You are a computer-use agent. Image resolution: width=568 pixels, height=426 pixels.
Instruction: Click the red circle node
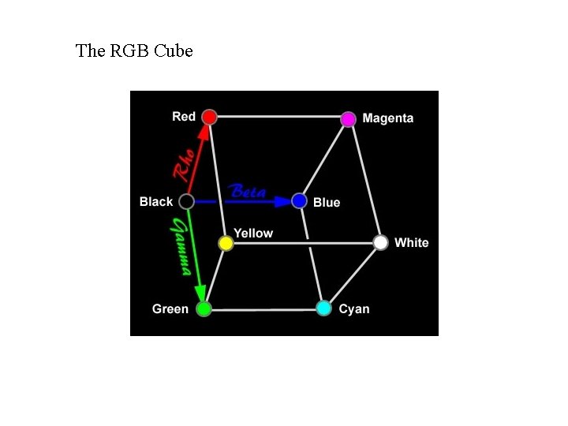pos(209,117)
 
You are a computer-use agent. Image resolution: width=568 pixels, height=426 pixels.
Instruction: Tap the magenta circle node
pos(348,119)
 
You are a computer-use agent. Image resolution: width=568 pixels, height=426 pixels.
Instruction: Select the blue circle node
pos(299,201)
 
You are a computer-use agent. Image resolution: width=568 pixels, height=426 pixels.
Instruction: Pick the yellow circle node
pos(226,243)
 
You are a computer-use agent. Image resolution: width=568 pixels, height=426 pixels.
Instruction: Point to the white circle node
pos(381,242)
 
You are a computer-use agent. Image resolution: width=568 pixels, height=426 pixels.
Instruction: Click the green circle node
pos(204,308)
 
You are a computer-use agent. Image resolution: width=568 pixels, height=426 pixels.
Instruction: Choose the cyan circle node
pos(323,308)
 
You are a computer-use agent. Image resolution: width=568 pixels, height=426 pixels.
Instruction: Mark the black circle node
pos(186,201)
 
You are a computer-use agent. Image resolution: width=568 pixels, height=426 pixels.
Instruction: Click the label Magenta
pos(387,118)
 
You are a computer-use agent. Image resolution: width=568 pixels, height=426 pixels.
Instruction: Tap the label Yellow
pos(253,233)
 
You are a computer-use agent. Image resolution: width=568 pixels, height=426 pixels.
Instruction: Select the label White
pos(411,242)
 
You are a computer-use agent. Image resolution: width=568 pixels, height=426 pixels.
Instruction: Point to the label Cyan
pos(354,308)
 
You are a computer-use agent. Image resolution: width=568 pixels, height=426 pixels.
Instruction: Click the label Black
pos(156,201)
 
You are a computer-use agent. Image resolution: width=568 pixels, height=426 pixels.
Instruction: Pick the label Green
pos(170,308)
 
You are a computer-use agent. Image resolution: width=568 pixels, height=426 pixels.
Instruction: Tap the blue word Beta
pos(247,192)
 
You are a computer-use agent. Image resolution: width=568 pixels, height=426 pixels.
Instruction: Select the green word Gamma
pos(181,247)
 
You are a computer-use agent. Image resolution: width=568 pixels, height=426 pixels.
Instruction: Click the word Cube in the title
pos(174,51)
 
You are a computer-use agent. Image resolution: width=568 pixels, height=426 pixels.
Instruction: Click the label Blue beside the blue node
pos(327,203)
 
